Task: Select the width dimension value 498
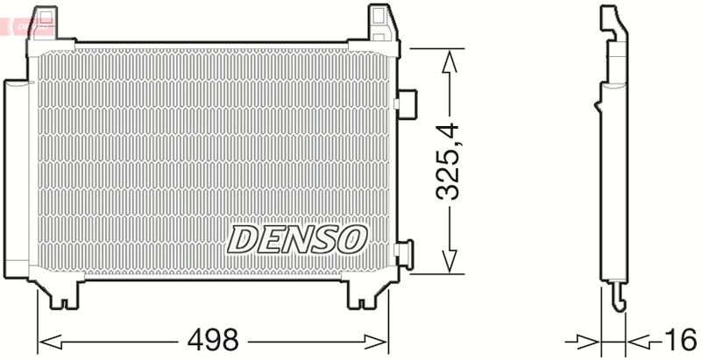(x=214, y=339)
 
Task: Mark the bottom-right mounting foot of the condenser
(x=362, y=293)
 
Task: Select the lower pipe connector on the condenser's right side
(x=405, y=254)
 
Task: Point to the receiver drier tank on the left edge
(x=15, y=175)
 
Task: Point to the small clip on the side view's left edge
(x=598, y=107)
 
